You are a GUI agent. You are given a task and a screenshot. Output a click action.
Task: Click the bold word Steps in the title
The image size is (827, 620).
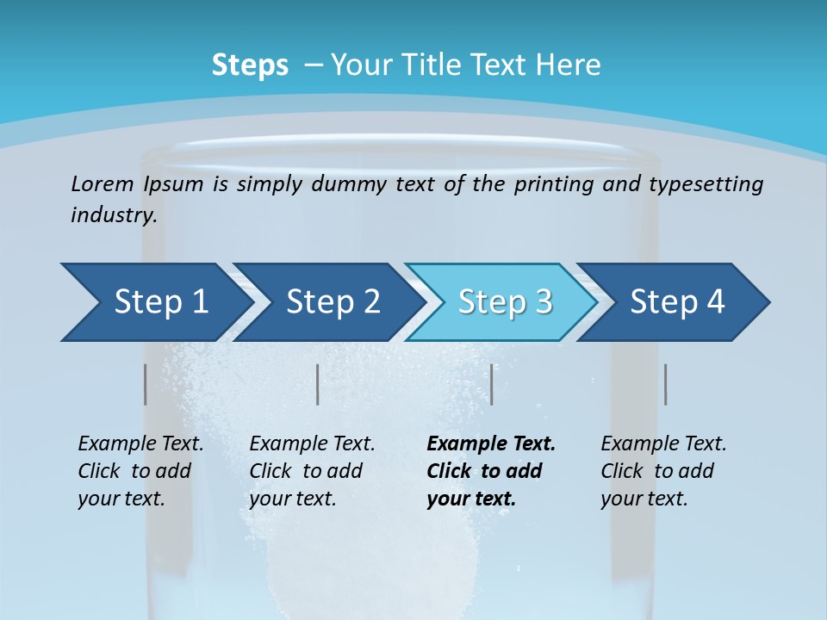click(250, 65)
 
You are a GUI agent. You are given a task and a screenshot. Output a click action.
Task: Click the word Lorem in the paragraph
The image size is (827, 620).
click(102, 183)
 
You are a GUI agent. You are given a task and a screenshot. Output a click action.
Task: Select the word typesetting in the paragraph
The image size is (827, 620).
click(706, 184)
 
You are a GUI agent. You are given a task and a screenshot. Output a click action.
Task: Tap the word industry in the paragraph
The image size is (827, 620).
click(113, 215)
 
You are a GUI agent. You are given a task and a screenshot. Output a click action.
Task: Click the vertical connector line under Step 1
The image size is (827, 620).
click(145, 384)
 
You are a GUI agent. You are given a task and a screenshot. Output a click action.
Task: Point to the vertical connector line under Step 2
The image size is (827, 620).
click(318, 384)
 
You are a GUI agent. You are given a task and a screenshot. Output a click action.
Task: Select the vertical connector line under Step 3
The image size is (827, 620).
click(491, 384)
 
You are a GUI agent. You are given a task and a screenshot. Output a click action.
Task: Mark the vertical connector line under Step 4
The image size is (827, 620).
click(665, 384)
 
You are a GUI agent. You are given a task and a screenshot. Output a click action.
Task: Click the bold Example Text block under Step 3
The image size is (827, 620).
click(491, 471)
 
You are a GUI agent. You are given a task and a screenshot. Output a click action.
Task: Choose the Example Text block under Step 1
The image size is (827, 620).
click(140, 471)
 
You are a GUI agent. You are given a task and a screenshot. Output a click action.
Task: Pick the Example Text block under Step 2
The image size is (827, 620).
click(312, 471)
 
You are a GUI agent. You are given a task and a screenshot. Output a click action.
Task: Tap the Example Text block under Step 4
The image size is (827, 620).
click(663, 471)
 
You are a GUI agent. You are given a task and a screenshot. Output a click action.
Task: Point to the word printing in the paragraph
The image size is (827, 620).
click(555, 184)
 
